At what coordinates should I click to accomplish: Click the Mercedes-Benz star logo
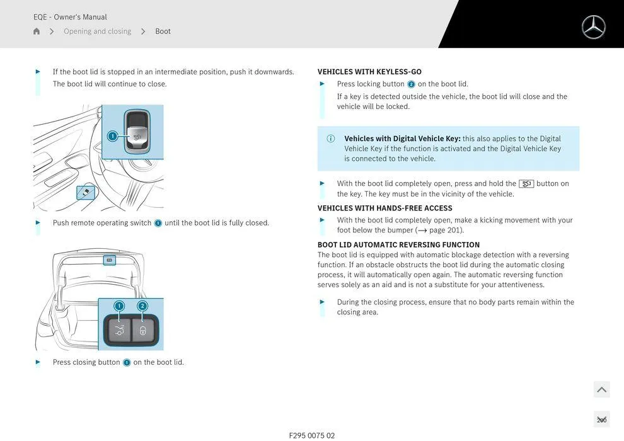(593, 27)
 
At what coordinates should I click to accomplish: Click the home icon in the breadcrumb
(37, 31)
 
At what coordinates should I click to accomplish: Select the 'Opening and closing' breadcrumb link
(97, 31)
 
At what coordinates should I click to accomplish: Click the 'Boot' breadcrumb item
(163, 31)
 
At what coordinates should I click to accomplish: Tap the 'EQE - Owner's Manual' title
(70, 17)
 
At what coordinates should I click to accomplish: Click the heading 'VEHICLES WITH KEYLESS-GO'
(369, 72)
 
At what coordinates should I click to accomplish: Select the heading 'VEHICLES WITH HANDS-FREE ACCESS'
(384, 208)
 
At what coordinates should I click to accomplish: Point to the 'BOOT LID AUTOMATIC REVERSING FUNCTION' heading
(398, 244)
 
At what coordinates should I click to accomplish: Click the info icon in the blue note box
(330, 139)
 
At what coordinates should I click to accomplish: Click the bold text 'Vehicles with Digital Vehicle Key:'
(402, 139)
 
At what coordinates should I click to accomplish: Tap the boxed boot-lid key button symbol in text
(526, 184)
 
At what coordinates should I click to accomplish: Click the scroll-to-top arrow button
(601, 389)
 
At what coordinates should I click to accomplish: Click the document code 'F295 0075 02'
(312, 435)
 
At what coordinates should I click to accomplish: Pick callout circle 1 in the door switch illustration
(112, 136)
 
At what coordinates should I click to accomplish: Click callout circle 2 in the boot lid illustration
(142, 306)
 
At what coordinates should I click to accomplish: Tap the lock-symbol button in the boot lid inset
(143, 330)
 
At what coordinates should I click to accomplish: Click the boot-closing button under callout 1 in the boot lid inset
(118, 330)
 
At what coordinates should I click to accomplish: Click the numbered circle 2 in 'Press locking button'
(411, 84)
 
